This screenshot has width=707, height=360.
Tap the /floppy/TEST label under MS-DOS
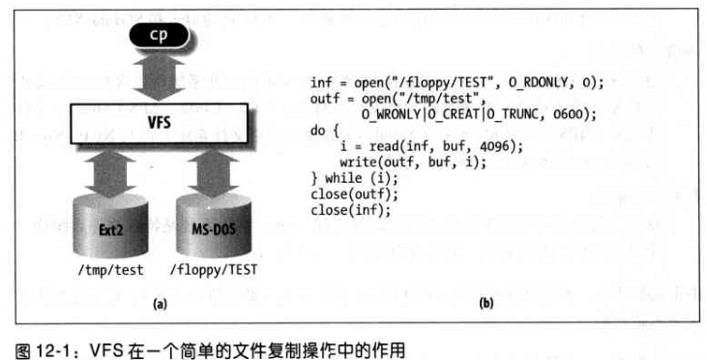pos(215,271)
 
